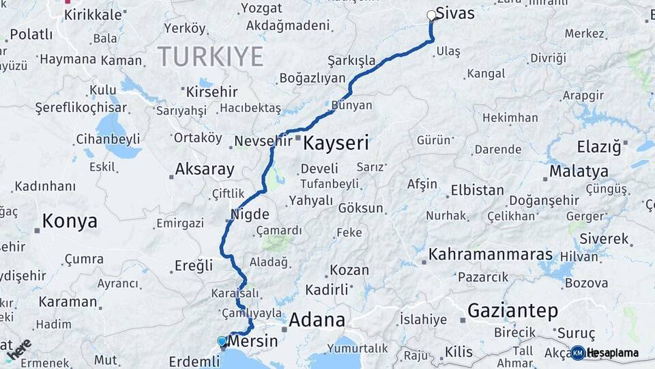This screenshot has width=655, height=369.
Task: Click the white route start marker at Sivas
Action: (431, 15)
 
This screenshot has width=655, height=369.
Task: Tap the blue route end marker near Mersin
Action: (221, 340)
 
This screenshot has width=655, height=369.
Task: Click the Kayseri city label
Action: (336, 143)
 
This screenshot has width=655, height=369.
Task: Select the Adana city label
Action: (317, 320)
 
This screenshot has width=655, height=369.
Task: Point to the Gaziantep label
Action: (512, 311)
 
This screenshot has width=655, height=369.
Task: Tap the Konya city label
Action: (70, 221)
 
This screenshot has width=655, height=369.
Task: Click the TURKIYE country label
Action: (210, 56)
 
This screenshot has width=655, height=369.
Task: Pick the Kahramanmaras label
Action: (490, 255)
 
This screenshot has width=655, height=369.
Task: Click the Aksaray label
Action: (205, 169)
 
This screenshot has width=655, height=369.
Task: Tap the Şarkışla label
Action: (351, 61)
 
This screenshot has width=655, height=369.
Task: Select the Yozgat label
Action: (261, 9)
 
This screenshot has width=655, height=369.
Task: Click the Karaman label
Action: (68, 301)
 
